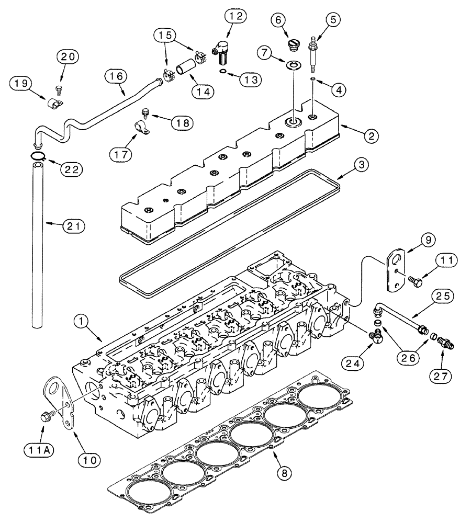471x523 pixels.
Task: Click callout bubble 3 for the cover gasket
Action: [x=349, y=164]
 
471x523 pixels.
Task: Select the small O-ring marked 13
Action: [x=223, y=72]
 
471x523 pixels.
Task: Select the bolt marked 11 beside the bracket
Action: [x=416, y=281]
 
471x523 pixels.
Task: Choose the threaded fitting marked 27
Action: [x=444, y=343]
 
